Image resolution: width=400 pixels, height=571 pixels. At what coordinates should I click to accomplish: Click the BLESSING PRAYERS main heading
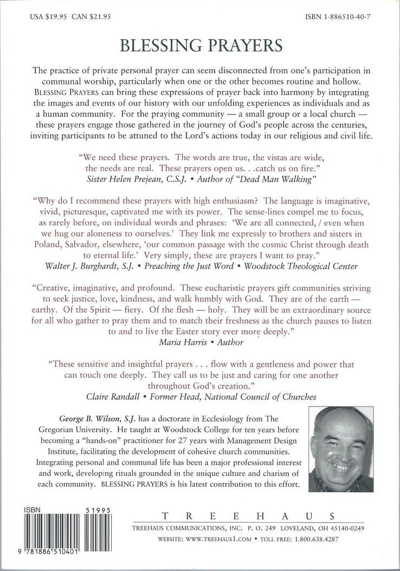pyautogui.click(x=199, y=47)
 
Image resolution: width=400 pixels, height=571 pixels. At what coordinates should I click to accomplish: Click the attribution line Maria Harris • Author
pyautogui.click(x=201, y=342)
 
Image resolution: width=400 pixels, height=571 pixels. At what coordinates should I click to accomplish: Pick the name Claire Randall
pyautogui.click(x=115, y=396)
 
